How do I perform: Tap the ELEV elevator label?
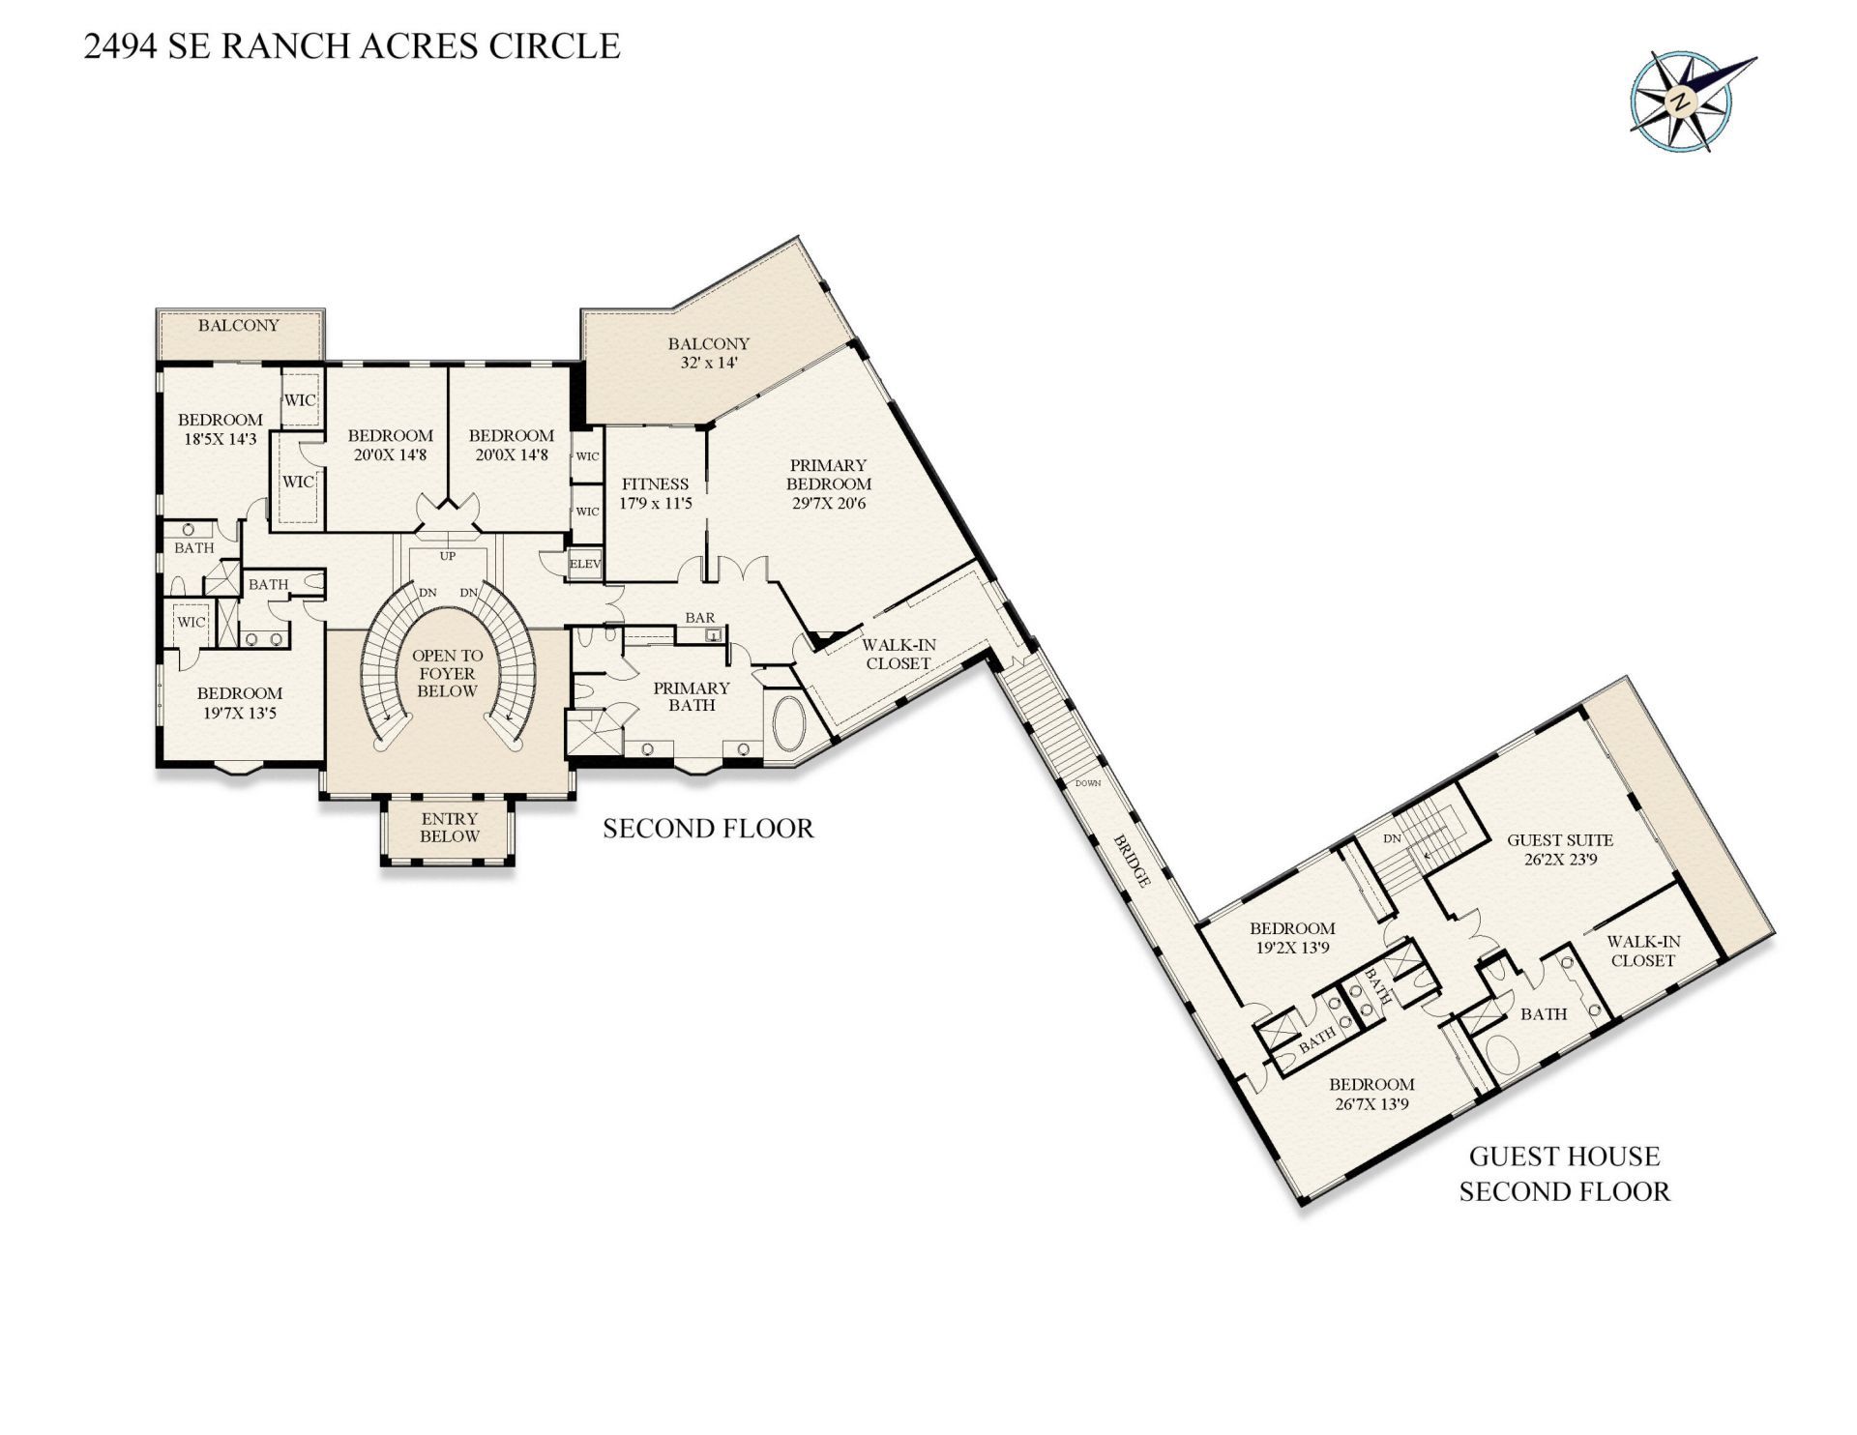click(585, 564)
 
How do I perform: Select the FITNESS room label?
click(655, 483)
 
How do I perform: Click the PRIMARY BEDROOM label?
click(828, 475)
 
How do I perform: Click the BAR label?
click(699, 617)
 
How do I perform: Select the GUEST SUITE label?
click(1560, 840)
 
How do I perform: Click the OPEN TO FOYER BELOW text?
click(447, 673)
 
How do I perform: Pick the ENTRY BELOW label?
click(450, 828)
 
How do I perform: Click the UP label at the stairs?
click(448, 556)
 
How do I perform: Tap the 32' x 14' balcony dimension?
click(708, 363)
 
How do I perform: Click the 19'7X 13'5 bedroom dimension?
click(240, 714)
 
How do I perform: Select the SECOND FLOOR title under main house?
click(708, 829)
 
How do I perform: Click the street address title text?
click(352, 46)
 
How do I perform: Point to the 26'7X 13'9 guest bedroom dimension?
click(1371, 1103)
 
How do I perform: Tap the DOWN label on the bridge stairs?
click(1088, 783)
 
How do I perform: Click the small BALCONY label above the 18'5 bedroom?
click(239, 325)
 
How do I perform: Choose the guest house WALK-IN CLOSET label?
click(1643, 951)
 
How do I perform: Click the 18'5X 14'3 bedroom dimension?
click(221, 438)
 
